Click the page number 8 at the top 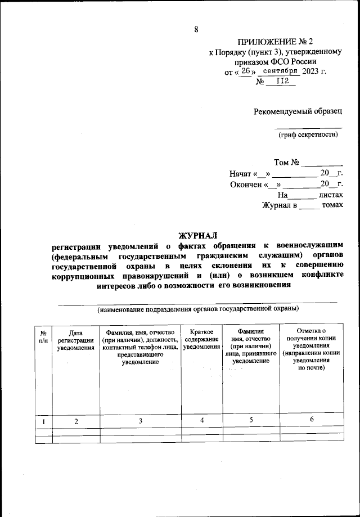coord(196,30)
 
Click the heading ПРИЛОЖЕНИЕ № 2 coord(275,42)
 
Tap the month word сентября coord(280,71)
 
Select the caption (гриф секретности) coord(308,134)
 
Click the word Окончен coord(245,185)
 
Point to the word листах coord(331,195)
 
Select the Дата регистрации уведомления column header coord(75,340)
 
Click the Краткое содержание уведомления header coord(201,340)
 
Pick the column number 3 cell coord(141,421)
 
